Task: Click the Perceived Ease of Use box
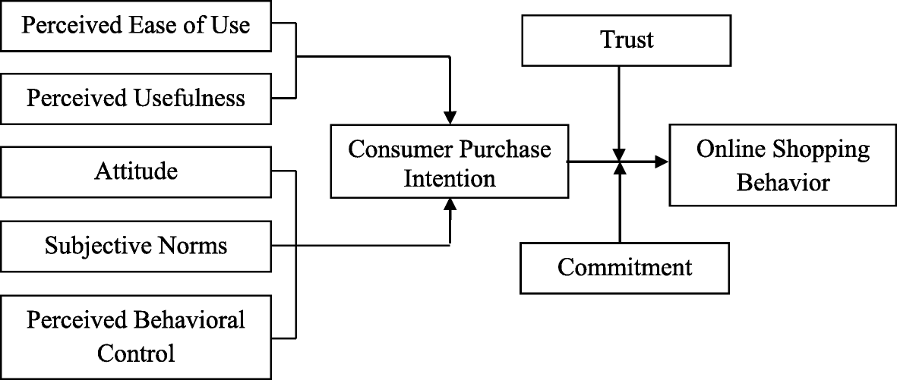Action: [x=136, y=25]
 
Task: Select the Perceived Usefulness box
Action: [x=136, y=98]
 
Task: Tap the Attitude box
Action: [x=136, y=171]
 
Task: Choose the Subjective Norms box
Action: [x=136, y=246]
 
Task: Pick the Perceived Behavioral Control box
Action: [x=136, y=336]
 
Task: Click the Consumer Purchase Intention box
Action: [x=450, y=163]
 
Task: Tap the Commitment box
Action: [x=624, y=267]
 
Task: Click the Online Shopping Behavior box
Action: [x=782, y=166]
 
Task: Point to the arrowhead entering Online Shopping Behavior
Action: [x=662, y=162]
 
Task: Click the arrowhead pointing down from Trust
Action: [x=621, y=152]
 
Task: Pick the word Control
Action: [x=136, y=353]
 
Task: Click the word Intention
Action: [x=450, y=179]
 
